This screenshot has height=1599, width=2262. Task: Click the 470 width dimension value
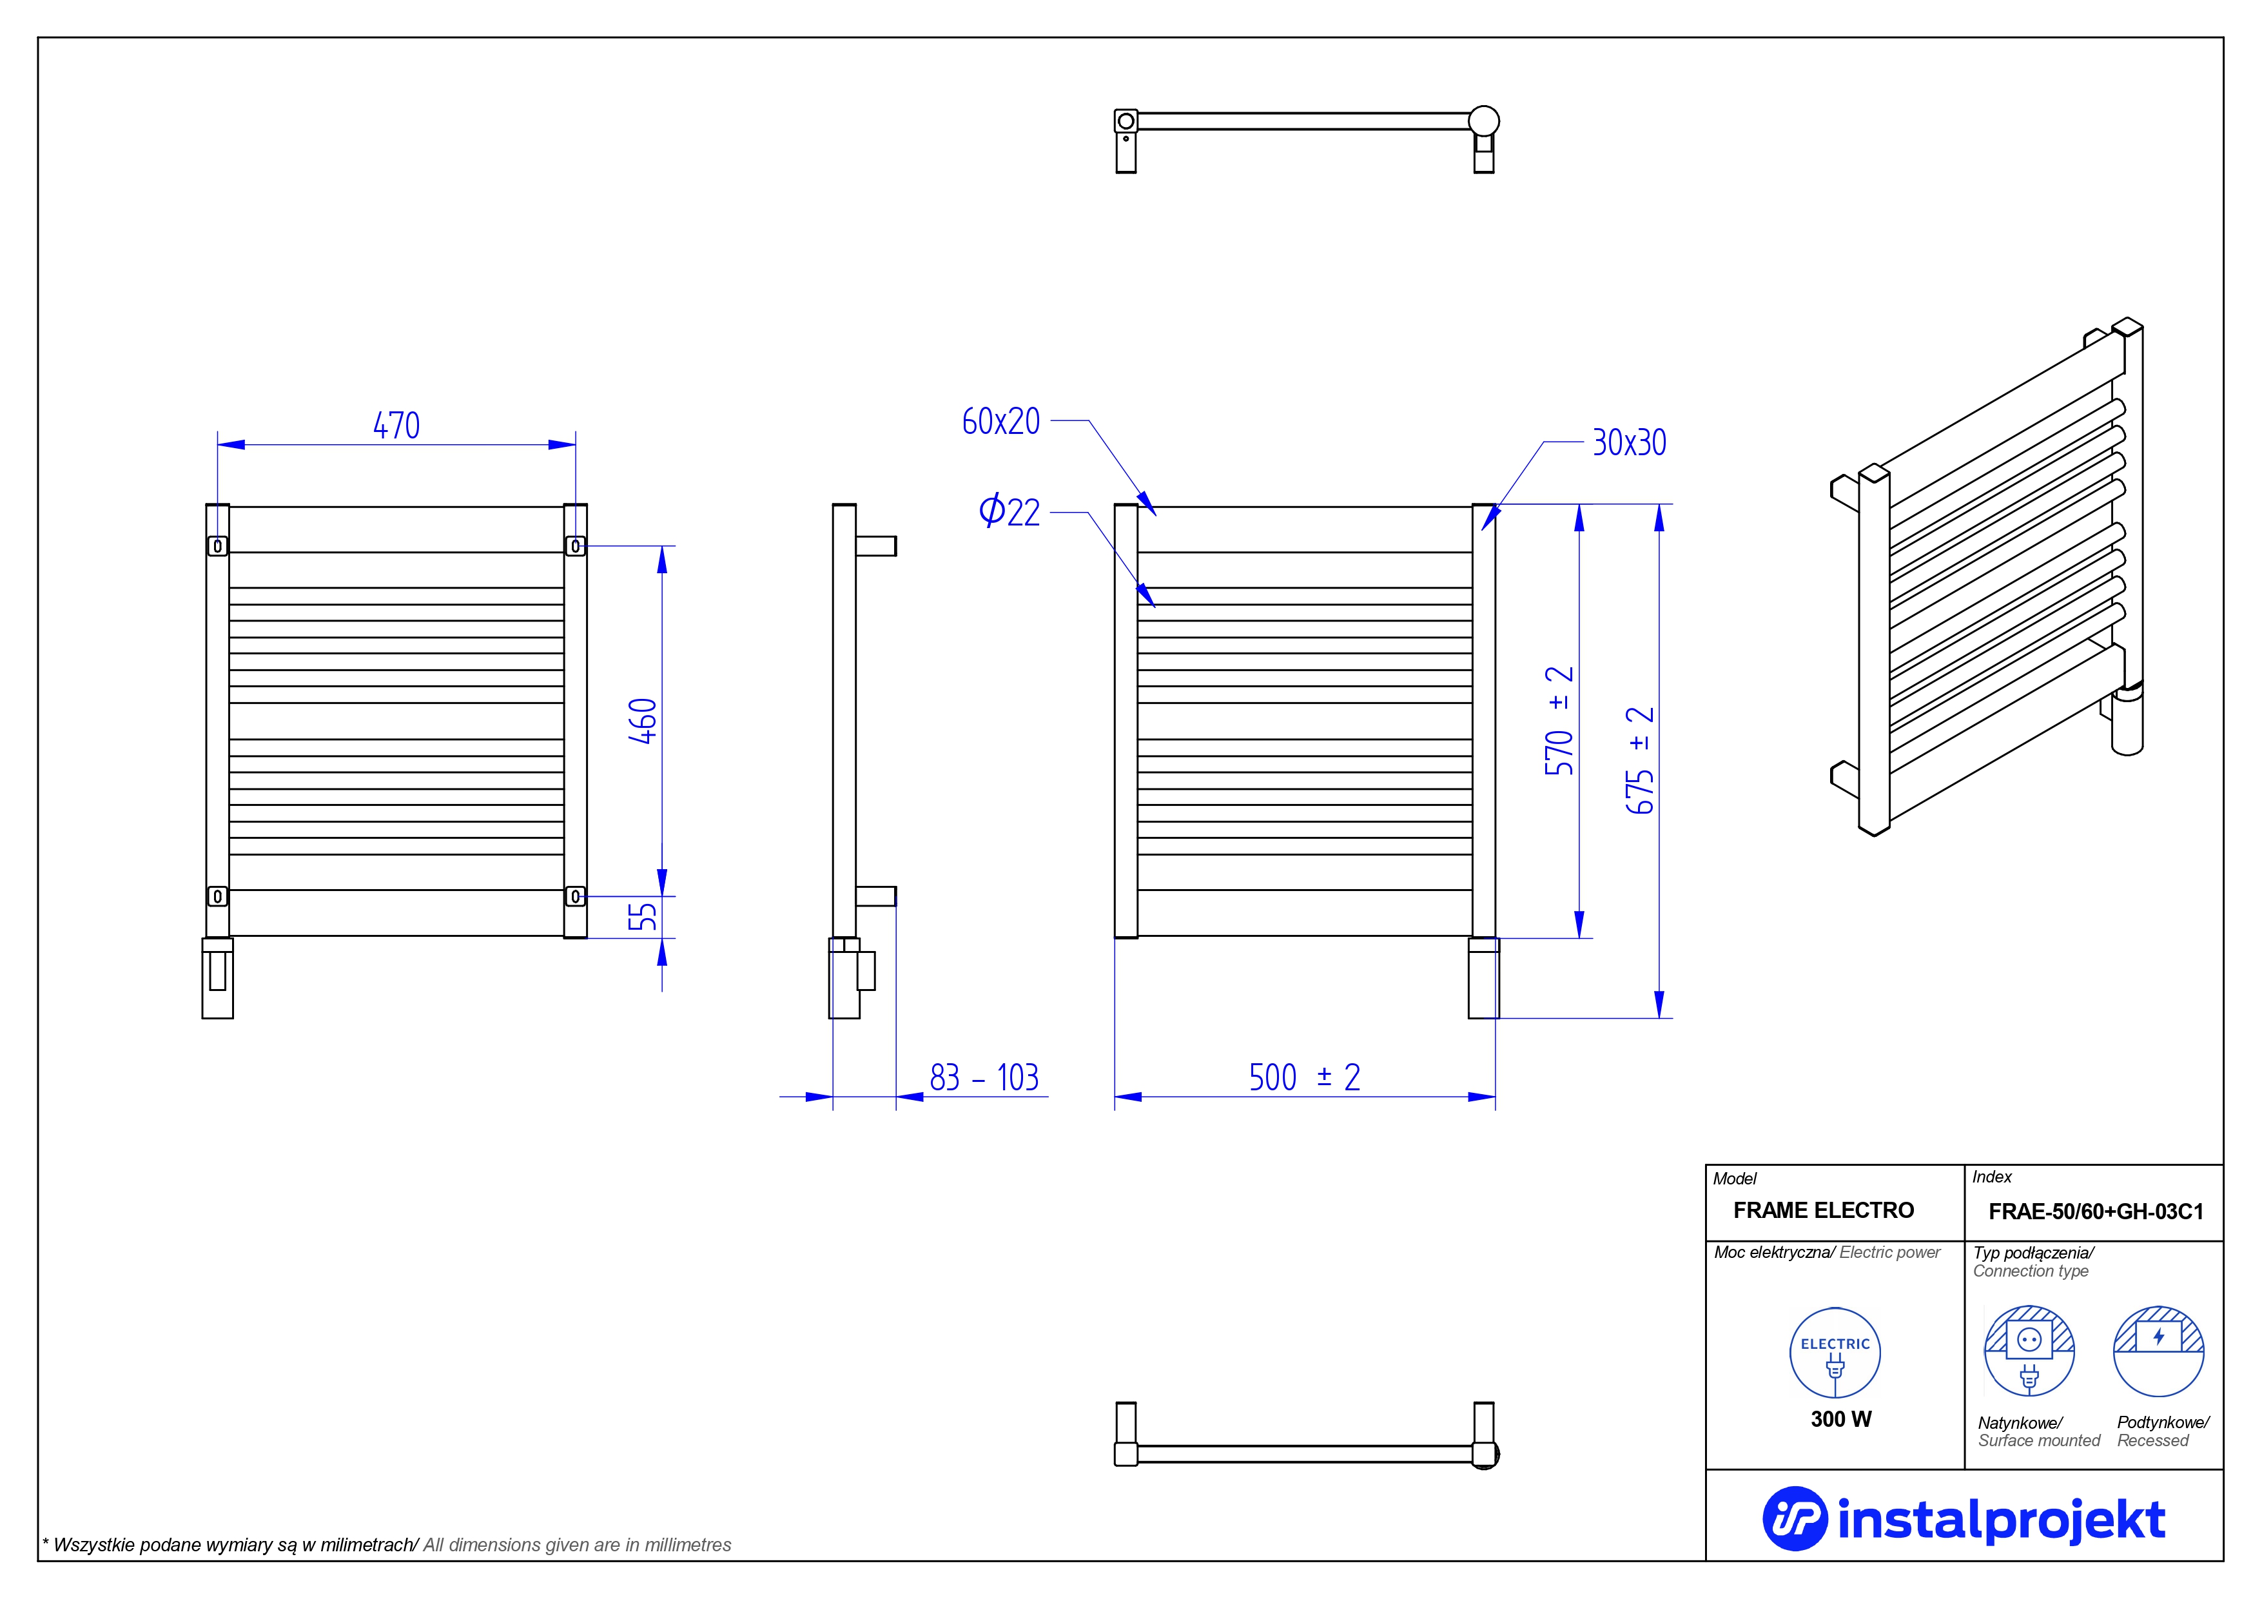point(396,426)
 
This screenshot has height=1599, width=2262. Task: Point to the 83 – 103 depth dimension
point(983,1078)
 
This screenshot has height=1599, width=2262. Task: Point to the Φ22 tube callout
point(1009,511)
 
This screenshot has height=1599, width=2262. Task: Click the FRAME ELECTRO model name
point(1824,1211)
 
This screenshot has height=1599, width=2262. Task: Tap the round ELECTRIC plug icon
point(1835,1353)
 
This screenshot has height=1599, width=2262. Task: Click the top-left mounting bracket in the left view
point(218,546)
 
